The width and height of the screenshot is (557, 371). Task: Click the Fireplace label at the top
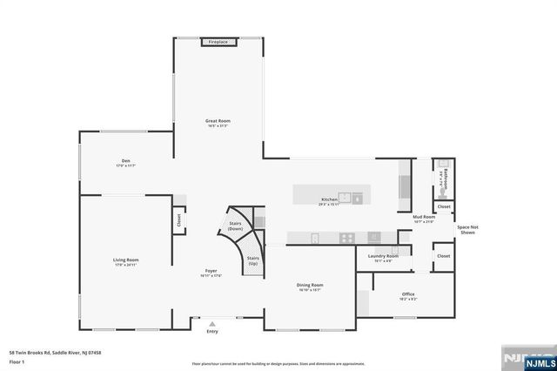217,41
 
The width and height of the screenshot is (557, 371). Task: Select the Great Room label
217,122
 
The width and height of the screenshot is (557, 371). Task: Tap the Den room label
125,162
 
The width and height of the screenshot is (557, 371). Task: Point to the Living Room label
125,261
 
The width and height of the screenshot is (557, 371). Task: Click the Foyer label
211,273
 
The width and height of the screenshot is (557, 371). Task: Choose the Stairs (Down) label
235,226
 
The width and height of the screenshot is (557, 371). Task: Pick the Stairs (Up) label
253,260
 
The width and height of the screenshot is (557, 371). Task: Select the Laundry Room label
383,257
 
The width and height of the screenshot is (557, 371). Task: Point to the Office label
408,295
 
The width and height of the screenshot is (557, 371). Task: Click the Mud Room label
424,219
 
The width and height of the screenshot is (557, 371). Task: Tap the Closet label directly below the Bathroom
444,206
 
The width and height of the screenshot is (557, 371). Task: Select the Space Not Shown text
468,230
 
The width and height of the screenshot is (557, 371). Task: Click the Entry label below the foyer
212,331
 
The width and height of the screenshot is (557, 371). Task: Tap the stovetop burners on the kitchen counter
346,237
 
